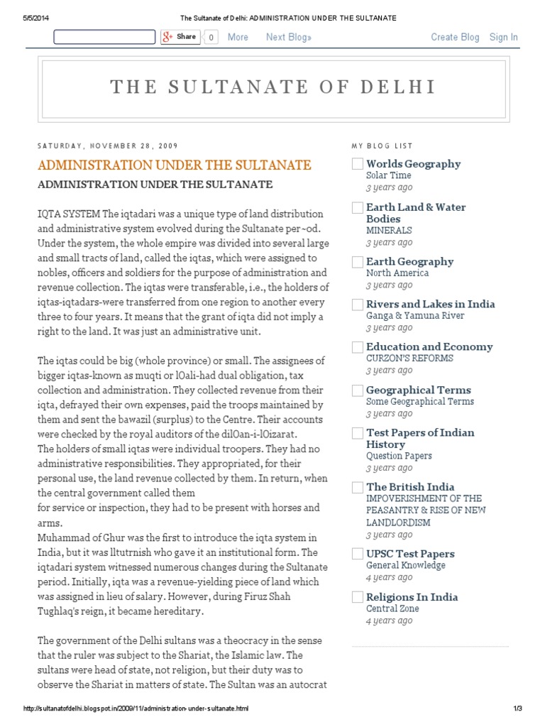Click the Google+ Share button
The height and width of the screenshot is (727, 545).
180,37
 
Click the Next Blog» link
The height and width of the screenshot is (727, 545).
289,37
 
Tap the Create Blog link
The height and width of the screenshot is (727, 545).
455,37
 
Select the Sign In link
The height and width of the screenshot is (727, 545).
503,37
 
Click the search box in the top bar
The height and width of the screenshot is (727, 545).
104,37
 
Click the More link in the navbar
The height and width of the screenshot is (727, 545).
238,37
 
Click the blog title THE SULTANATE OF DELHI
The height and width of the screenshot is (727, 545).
272,87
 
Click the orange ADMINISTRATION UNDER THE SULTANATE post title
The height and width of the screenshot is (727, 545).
174,165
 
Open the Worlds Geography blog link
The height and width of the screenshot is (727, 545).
413,164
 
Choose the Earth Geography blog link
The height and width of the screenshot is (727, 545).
409,261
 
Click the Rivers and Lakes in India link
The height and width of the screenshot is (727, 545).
430,304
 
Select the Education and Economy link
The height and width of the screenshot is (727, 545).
429,346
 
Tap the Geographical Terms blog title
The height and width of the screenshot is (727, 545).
418,390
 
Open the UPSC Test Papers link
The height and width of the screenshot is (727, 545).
410,554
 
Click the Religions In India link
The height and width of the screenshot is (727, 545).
412,597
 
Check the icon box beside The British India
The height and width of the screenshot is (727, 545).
358,488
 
